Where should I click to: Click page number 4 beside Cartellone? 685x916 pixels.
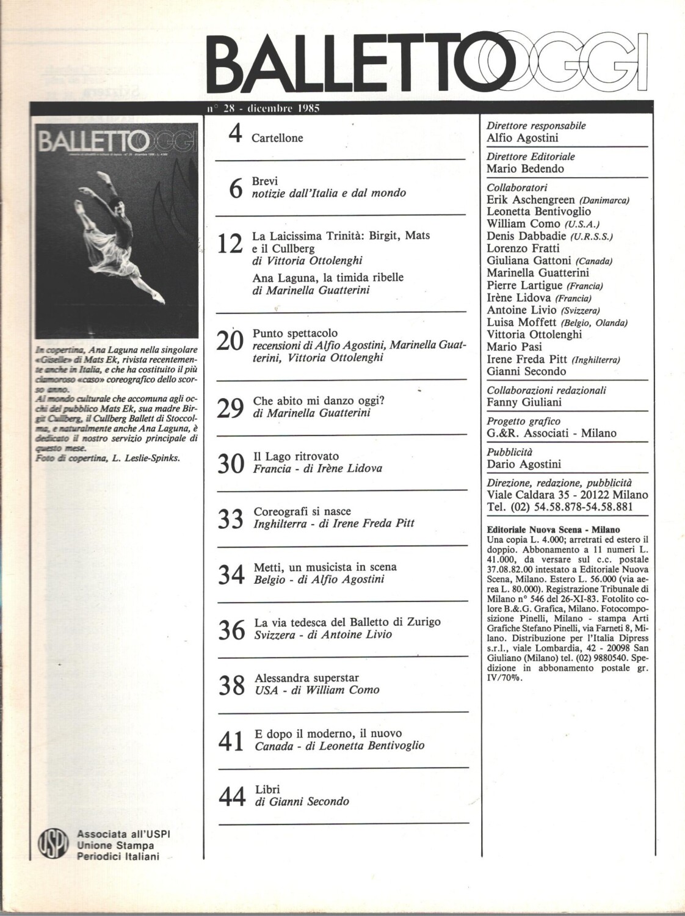coord(235,134)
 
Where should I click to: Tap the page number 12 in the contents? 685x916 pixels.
coord(231,246)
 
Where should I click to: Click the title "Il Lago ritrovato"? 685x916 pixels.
coord(296,456)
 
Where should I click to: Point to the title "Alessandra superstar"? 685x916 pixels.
coord(306,678)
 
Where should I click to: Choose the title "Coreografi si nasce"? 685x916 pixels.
coord(302,511)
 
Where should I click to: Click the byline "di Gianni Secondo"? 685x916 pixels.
coord(302,801)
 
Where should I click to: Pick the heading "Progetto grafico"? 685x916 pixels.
coord(523,421)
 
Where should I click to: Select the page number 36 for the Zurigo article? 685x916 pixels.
coord(231,630)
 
